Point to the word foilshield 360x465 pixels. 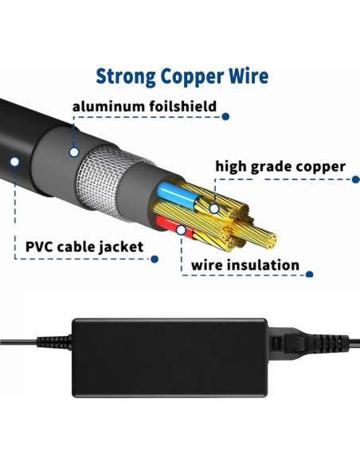[180, 105]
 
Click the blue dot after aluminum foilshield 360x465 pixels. [225, 116]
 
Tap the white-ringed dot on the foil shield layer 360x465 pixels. [74, 150]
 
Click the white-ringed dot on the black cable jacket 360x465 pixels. [14, 161]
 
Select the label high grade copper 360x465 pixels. [280, 166]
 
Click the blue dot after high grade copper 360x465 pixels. [355, 180]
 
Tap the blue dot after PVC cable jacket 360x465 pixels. [155, 259]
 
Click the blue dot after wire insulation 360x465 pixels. [310, 275]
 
